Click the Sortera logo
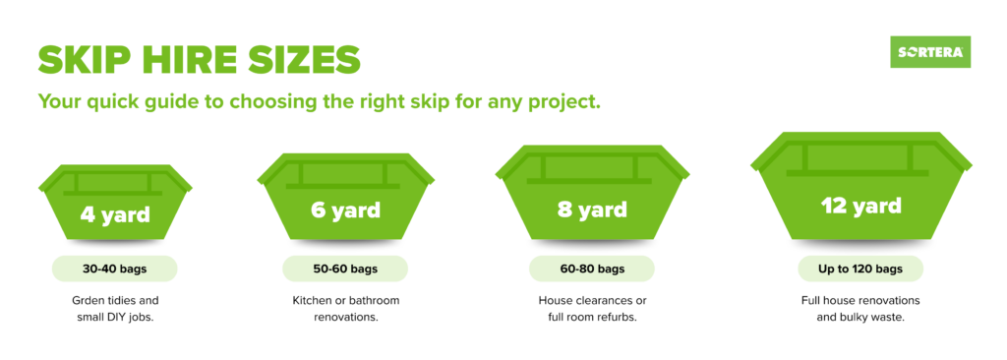pos(930,52)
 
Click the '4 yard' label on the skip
pos(115,214)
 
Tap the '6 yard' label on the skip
pos(345,210)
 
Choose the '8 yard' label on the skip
pos(592,210)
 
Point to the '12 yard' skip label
pos(860,206)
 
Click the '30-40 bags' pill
pos(114,269)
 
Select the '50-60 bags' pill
pos(345,269)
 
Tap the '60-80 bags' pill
pos(592,269)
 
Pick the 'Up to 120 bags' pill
pos(860,269)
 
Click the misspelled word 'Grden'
pos(87,301)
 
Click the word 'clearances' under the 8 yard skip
pos(599,301)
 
